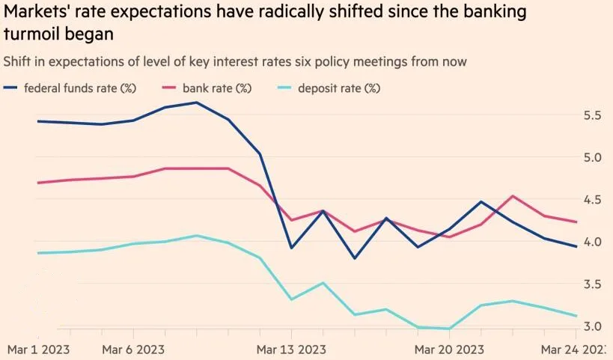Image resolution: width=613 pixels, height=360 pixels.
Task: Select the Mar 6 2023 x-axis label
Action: pos(133,350)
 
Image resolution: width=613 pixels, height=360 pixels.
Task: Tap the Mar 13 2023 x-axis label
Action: pos(291,350)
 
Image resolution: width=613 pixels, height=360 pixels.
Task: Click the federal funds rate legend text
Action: pos(79,88)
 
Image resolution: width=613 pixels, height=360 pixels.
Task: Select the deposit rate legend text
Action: pos(339,88)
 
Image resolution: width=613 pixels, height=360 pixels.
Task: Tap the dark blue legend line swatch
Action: pos(10,88)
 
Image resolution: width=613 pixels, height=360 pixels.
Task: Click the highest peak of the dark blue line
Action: pos(197,103)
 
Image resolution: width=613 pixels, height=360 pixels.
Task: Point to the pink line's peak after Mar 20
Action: pos(513,196)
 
